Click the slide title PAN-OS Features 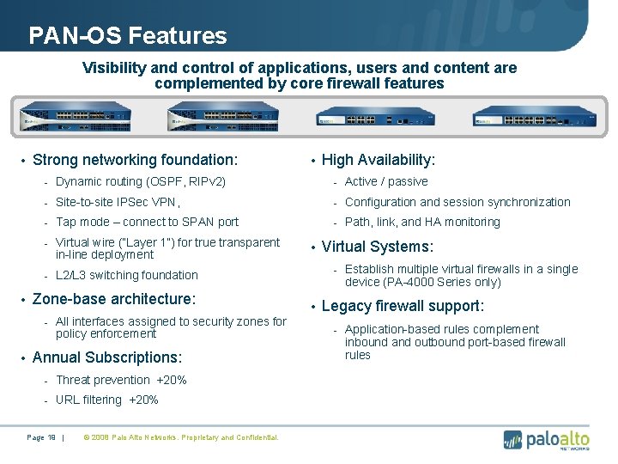pos(128,36)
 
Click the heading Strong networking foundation pos(135,160)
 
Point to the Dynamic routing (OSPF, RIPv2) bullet pos(141,182)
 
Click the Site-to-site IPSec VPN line pos(118,203)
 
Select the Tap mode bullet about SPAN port pos(147,223)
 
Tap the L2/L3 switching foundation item pos(126,276)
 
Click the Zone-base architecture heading pos(114,299)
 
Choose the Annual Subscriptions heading pos(106,357)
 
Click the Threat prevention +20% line pos(121,380)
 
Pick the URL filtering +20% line pos(107,400)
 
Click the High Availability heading pos(379,161)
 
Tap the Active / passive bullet pos(386,182)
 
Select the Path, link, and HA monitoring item pos(422,223)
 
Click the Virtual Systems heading pos(377,247)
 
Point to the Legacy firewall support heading pos(403,307)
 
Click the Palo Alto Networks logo pos(547,439)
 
